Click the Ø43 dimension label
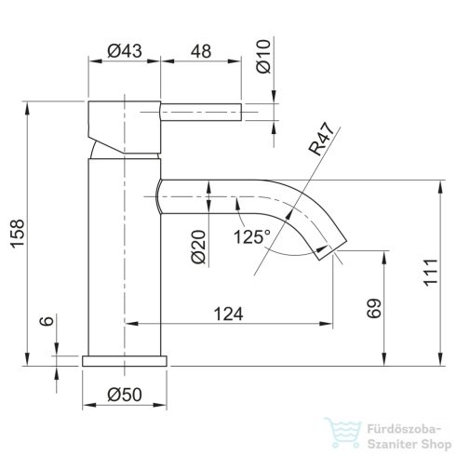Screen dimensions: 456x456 pyautogui.click(x=124, y=52)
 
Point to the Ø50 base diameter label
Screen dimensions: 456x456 pyautogui.click(x=124, y=396)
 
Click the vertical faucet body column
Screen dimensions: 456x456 pyautogui.click(x=124, y=251)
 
